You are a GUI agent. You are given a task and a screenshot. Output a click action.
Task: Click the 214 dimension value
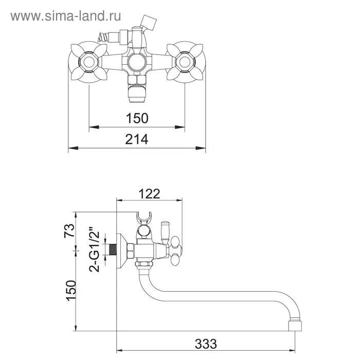tap(137, 139)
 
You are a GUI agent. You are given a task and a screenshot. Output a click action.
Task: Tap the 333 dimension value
tap(206, 344)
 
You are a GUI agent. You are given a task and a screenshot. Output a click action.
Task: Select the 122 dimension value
tap(149, 194)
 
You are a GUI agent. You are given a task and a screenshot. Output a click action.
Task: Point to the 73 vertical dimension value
tap(69, 230)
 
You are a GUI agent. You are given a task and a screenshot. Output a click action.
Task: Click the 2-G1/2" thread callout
tap(95, 249)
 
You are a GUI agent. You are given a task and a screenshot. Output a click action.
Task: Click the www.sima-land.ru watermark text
tap(66, 16)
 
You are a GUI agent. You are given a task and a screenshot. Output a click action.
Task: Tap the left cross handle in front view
tap(88, 62)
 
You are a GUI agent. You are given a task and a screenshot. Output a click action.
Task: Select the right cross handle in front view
tap(185, 62)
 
